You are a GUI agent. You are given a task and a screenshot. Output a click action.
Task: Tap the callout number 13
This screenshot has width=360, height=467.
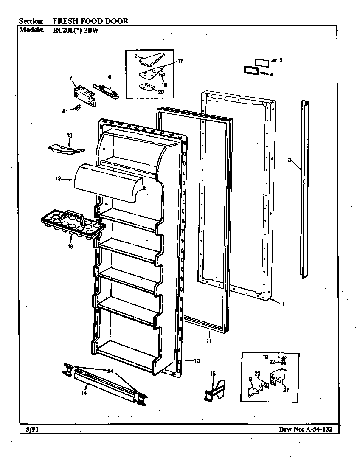coord(70,135)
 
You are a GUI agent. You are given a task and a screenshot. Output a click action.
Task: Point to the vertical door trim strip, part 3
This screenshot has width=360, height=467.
coord(304,189)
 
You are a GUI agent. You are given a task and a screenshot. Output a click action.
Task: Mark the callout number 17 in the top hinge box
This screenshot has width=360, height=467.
coord(180,62)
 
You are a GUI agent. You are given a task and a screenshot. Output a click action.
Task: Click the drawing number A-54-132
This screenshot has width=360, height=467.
coord(315,429)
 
